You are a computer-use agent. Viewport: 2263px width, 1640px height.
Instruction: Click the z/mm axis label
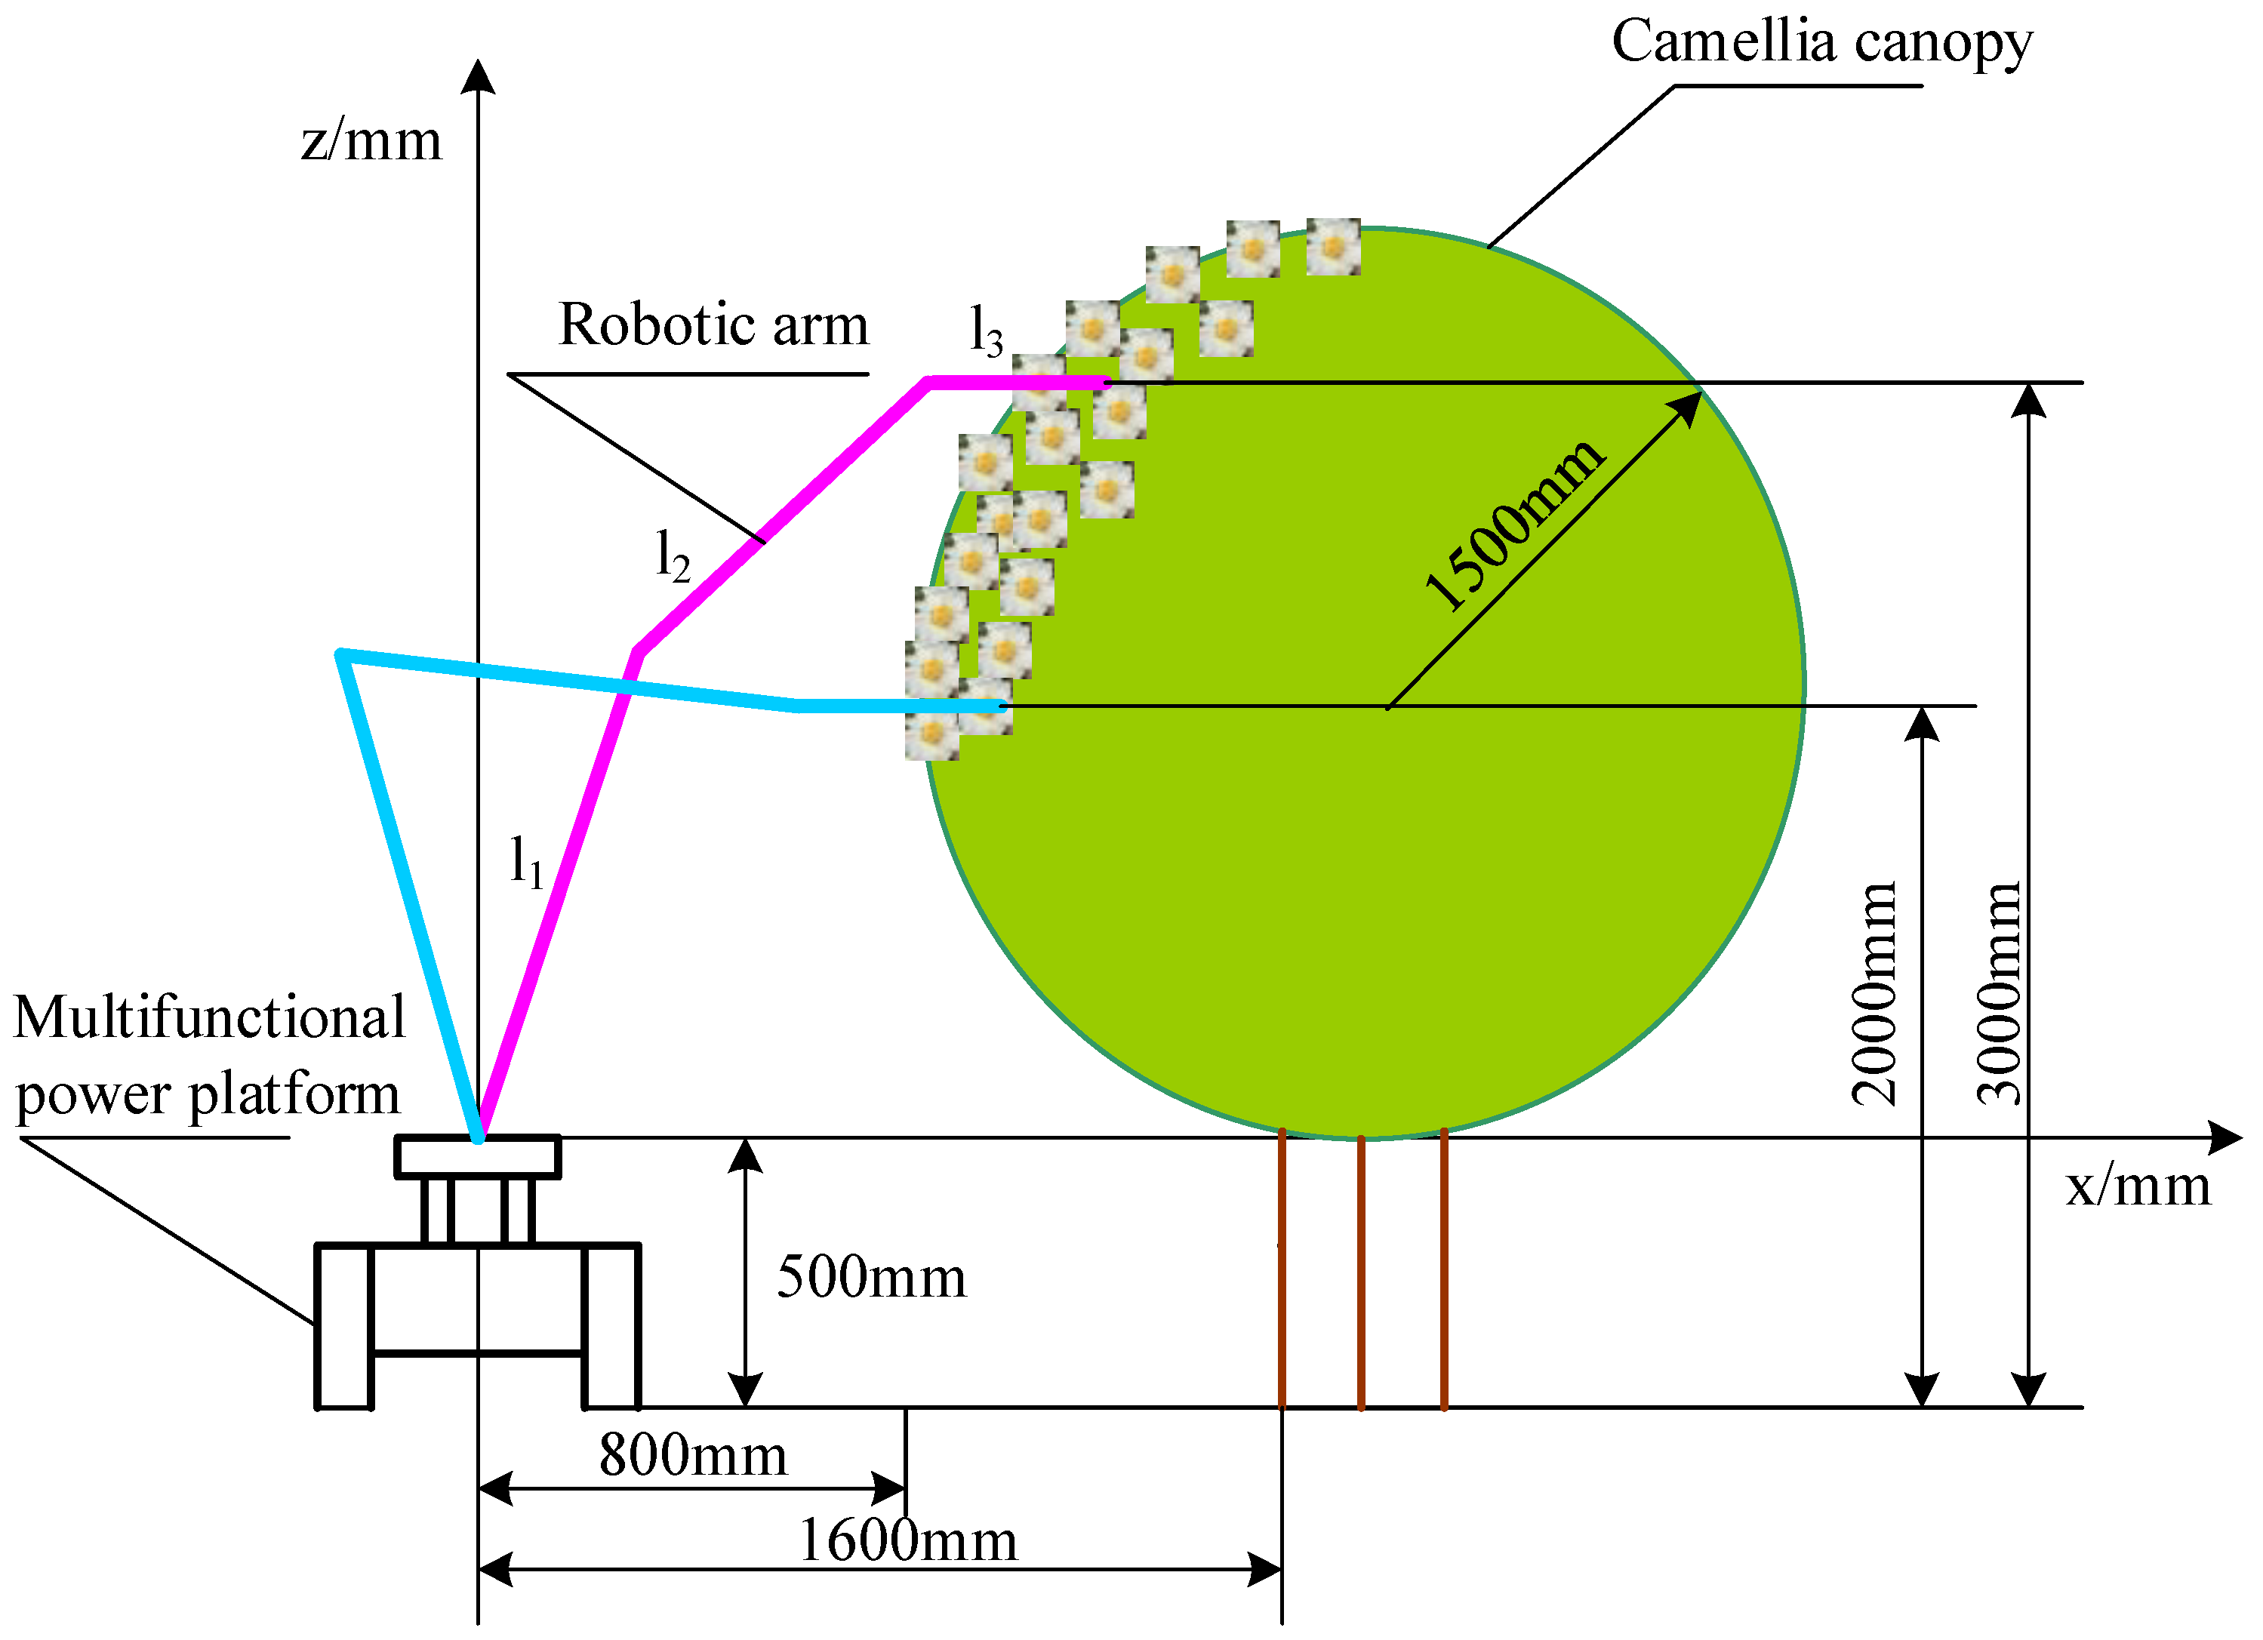[371, 140]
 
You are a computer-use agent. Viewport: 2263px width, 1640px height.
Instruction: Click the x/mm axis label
[2137, 1186]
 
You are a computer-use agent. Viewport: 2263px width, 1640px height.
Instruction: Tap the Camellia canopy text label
[1822, 42]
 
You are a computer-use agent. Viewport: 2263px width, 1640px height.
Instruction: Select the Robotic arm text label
[713, 325]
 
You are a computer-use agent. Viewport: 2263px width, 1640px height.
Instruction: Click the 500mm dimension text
[872, 1277]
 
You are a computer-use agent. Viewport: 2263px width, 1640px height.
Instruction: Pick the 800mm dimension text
[694, 1454]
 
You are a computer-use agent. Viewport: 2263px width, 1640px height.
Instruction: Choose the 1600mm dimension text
[908, 1540]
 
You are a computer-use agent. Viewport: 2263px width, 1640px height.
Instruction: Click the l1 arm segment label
[526, 861]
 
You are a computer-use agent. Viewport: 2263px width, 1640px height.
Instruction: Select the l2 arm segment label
[673, 555]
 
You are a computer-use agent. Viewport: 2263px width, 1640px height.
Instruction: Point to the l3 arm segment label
[986, 331]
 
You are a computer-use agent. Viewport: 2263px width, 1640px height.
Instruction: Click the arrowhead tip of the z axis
[478, 62]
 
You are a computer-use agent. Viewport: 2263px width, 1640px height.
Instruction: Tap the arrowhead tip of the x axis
[2241, 1137]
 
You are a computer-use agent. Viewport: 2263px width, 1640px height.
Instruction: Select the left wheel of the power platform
[344, 1326]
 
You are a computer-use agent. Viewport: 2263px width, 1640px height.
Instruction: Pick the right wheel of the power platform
[611, 1326]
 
